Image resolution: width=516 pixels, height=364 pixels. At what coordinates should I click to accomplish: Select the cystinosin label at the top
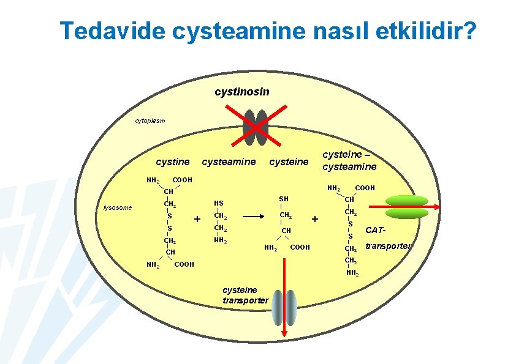click(x=241, y=92)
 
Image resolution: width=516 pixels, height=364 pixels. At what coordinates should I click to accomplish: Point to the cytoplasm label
click(x=150, y=121)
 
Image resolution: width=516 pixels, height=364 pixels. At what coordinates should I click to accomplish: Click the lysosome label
click(x=117, y=207)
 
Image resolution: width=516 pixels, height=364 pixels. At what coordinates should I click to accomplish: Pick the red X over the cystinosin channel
click(x=256, y=127)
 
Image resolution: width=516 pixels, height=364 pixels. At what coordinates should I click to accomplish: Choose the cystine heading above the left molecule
click(x=173, y=162)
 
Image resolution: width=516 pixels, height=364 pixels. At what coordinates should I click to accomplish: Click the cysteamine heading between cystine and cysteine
click(x=229, y=162)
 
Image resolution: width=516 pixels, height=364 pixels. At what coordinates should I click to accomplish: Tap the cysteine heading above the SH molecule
click(x=289, y=162)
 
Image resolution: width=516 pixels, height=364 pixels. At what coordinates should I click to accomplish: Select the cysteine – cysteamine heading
click(x=350, y=162)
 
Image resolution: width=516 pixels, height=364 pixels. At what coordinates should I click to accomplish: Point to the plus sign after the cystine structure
click(x=197, y=219)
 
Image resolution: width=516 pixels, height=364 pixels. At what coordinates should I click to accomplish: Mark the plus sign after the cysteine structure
click(x=315, y=218)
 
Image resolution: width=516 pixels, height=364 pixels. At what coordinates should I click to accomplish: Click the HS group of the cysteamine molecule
click(x=218, y=203)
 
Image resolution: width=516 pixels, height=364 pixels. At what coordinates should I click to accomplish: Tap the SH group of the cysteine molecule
click(x=283, y=199)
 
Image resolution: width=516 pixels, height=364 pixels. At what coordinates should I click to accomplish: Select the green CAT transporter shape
click(x=406, y=207)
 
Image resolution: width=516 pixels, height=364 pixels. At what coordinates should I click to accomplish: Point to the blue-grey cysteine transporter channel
click(x=284, y=307)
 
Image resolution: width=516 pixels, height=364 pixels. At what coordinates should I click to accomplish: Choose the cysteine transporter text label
click(x=245, y=295)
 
